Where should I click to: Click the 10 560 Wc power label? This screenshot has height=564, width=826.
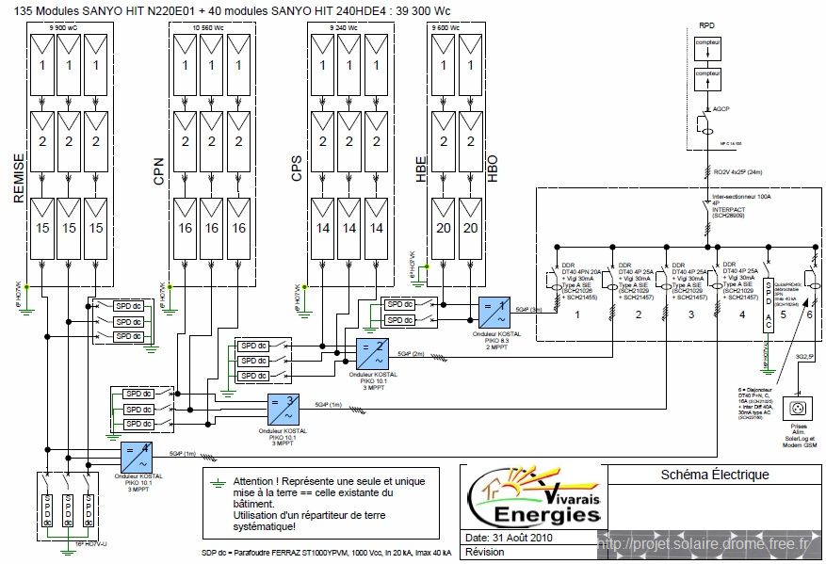click(208, 29)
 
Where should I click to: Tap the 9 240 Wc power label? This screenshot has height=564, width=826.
click(340, 29)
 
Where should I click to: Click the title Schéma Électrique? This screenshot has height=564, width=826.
click(715, 475)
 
